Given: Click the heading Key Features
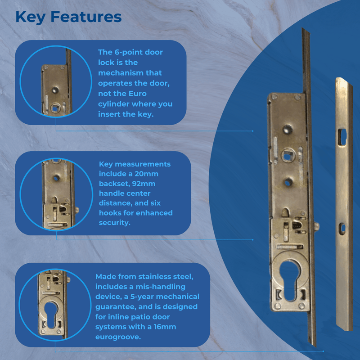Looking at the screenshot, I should [x=68, y=17].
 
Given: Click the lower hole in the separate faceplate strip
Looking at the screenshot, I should [x=343, y=229].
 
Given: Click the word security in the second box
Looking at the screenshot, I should [x=115, y=223].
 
